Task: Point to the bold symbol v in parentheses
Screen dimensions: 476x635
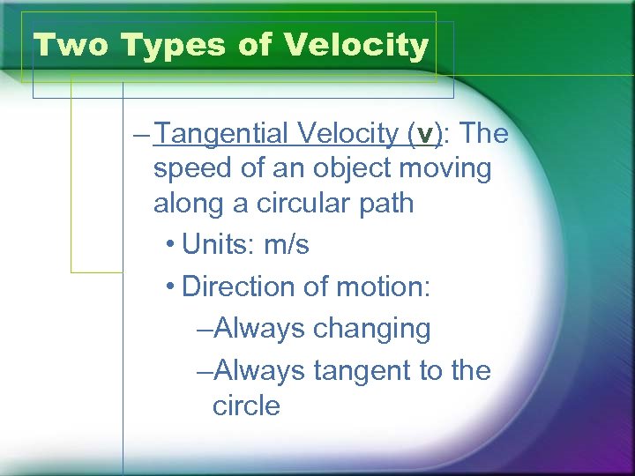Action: [x=428, y=135]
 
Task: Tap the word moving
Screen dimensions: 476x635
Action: [x=443, y=168]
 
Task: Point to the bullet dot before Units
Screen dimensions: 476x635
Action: [x=169, y=245]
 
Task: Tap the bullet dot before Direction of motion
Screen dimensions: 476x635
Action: [x=169, y=286]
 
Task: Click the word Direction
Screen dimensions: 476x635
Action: [x=234, y=286]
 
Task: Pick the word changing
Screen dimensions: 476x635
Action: [x=372, y=330]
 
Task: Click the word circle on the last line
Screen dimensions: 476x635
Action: [x=246, y=405]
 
